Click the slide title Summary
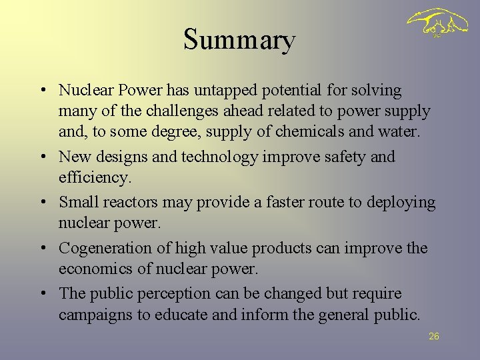(x=239, y=40)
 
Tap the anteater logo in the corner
(x=437, y=25)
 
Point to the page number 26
(x=433, y=337)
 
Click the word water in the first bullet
(x=399, y=132)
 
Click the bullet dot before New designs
(x=42, y=157)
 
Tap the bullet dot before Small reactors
(x=42, y=202)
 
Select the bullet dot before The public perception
(x=42, y=293)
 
